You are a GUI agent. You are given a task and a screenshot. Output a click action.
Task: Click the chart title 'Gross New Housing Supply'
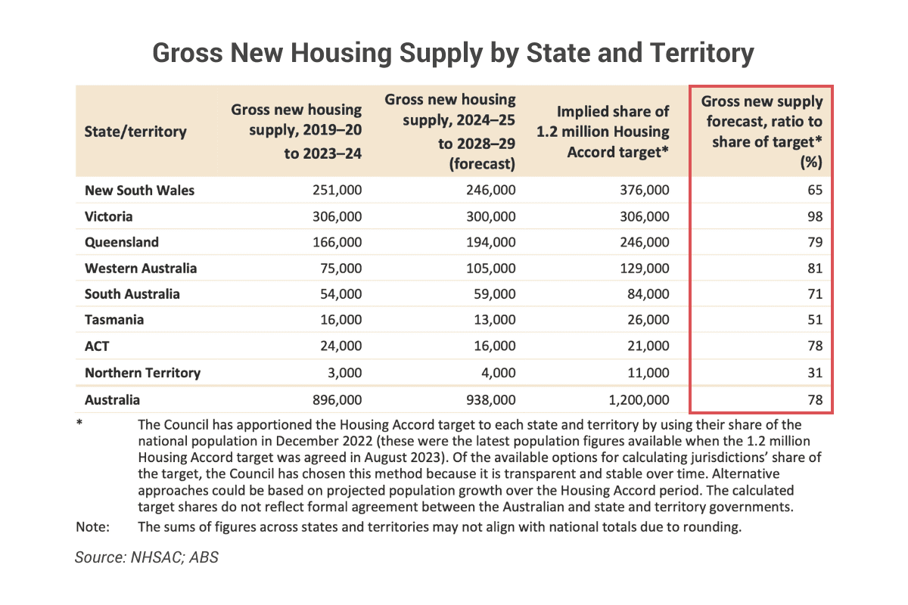tap(453, 53)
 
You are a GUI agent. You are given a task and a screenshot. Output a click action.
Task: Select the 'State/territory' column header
tap(135, 132)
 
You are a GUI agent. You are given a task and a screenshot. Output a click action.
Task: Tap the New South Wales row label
tap(139, 191)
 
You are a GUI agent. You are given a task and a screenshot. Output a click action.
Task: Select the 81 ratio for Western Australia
tap(813, 268)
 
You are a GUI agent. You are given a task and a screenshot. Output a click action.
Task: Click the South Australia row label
tap(132, 294)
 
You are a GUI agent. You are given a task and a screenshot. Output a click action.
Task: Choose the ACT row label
tap(98, 346)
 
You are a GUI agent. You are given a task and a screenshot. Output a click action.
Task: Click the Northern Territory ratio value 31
tap(813, 372)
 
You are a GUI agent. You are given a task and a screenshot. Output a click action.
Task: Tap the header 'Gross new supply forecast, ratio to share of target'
tap(762, 132)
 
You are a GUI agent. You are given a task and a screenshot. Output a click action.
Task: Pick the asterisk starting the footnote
tap(79, 425)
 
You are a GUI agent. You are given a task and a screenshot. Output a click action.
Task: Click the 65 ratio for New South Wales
tap(813, 191)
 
